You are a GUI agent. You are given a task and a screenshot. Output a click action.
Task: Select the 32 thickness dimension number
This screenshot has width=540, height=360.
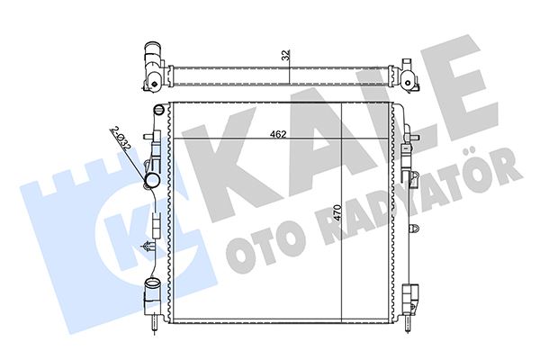click(x=286, y=56)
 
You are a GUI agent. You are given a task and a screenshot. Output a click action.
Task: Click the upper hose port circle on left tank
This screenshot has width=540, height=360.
click(x=151, y=184)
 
